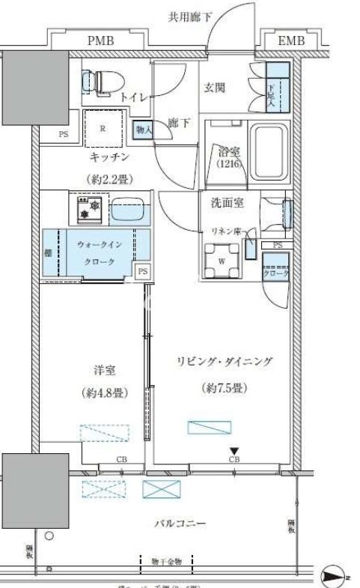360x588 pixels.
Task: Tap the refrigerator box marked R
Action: coord(103,127)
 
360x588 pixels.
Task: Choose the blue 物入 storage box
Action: coord(144,129)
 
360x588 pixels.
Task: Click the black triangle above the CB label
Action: coord(234,449)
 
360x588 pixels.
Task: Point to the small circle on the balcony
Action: coord(49,536)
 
